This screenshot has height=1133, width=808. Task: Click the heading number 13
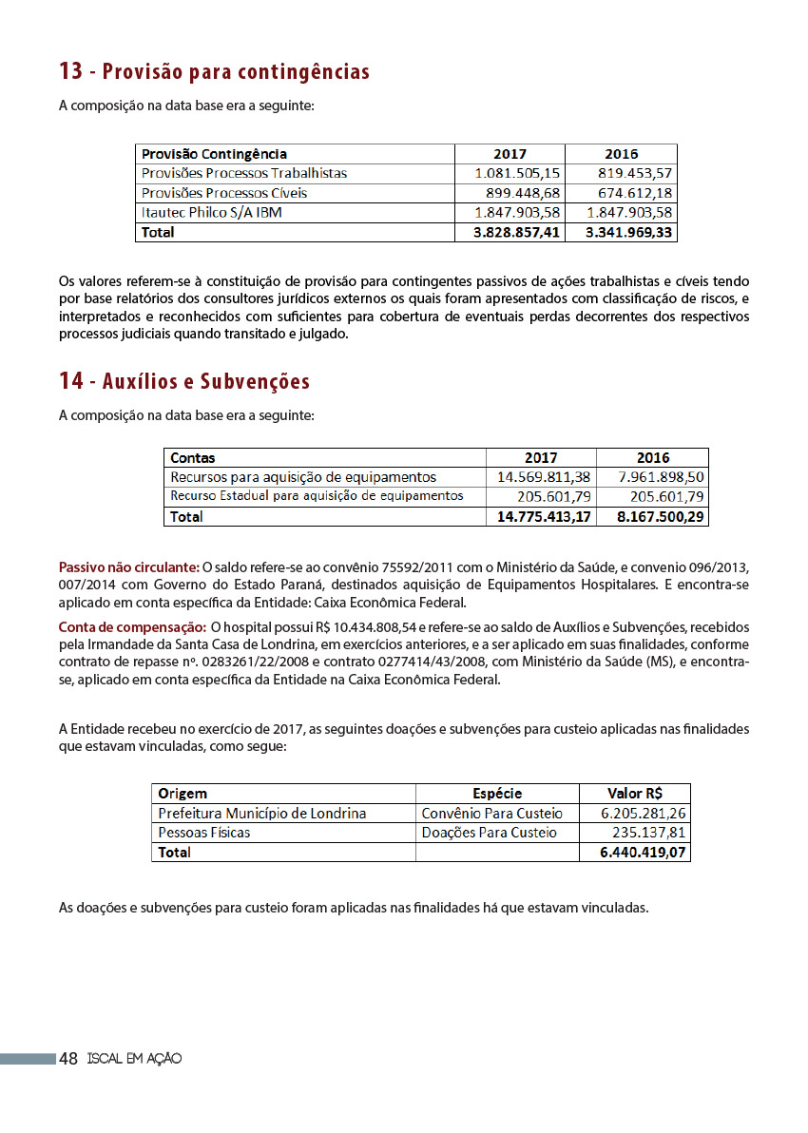point(70,71)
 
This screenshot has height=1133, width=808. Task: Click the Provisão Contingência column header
point(214,154)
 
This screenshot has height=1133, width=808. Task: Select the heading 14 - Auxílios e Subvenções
point(184,381)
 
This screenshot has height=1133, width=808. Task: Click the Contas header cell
point(193,457)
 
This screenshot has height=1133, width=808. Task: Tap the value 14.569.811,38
point(544,477)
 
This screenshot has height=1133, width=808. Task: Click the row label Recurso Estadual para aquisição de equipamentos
point(317,496)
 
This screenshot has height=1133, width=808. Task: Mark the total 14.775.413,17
point(544,517)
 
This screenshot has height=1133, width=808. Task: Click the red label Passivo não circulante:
point(129,567)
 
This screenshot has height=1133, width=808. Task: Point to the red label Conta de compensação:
point(132,627)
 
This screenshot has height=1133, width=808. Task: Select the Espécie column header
point(497,794)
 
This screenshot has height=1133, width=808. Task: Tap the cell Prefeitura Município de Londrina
point(261,814)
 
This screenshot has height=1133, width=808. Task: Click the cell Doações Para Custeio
point(489,833)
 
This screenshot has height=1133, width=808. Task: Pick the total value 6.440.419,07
point(644,853)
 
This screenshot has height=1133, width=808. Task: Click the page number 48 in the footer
point(68,1058)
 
